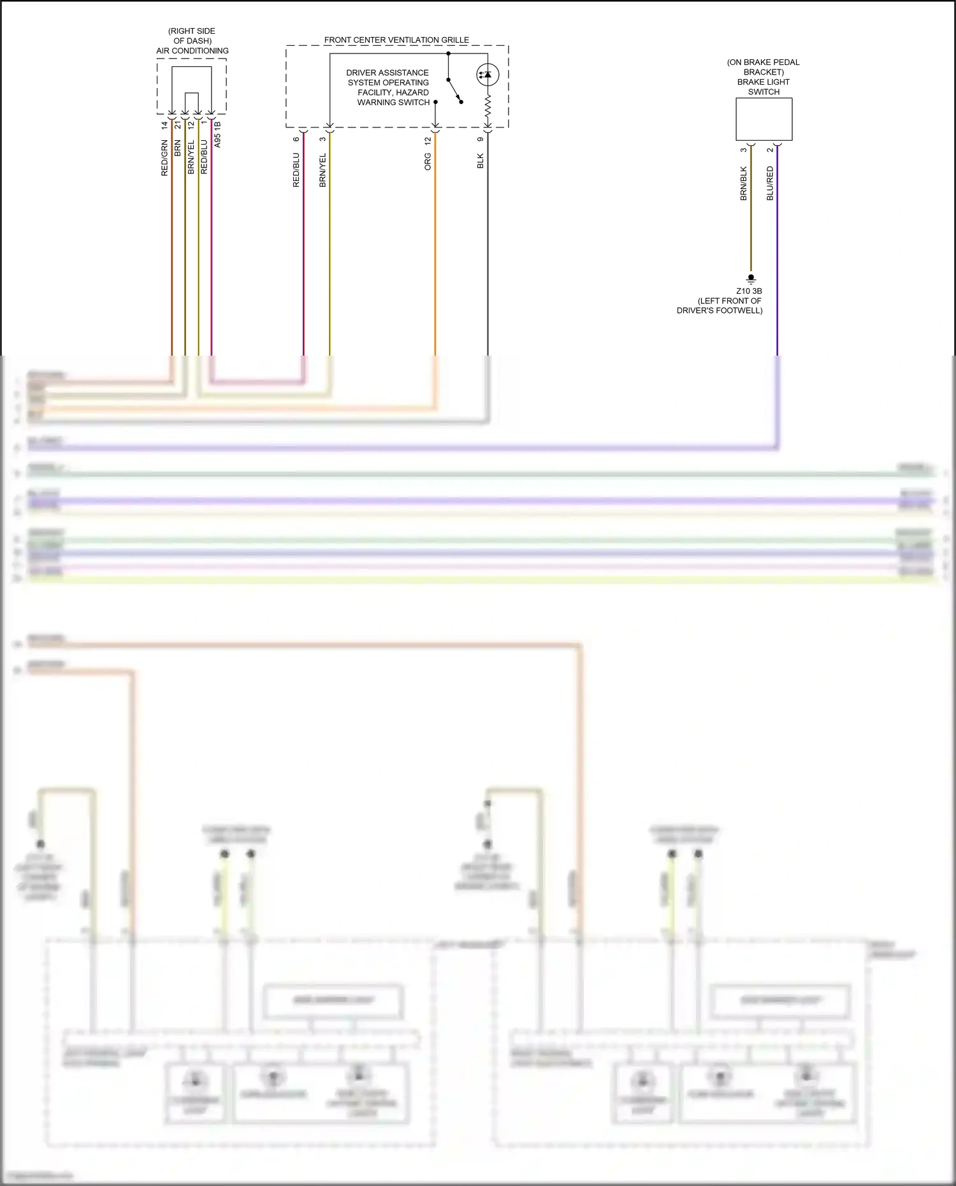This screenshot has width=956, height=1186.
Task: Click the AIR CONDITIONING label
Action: pyautogui.click(x=192, y=51)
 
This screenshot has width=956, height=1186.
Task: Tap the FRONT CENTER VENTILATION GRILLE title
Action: pyautogui.click(x=396, y=40)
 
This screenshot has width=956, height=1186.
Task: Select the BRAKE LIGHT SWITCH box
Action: pyautogui.click(x=764, y=119)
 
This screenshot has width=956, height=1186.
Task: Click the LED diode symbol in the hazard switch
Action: pyautogui.click(x=488, y=75)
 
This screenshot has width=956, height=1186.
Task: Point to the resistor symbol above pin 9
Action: pyautogui.click(x=488, y=107)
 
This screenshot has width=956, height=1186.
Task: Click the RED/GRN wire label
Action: pyautogui.click(x=164, y=157)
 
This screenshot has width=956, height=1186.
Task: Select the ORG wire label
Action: pyautogui.click(x=428, y=161)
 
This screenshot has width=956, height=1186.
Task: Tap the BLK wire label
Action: pyautogui.click(x=481, y=161)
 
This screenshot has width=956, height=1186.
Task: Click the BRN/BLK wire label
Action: pyautogui.click(x=743, y=184)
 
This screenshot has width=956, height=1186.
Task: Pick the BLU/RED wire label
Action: pyautogui.click(x=770, y=184)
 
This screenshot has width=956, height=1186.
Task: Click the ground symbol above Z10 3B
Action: pyautogui.click(x=751, y=279)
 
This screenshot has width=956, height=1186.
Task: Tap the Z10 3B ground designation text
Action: pyautogui.click(x=749, y=291)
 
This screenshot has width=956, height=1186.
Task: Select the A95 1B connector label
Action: pyautogui.click(x=217, y=134)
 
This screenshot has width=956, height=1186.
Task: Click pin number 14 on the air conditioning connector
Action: pyautogui.click(x=164, y=125)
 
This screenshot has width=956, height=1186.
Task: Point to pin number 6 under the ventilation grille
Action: pyautogui.click(x=296, y=139)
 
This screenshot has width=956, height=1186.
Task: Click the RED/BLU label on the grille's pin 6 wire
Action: pyautogui.click(x=296, y=170)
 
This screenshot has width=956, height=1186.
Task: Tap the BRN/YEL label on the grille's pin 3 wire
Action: pyautogui.click(x=322, y=170)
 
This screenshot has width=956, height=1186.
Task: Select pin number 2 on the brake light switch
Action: pyautogui.click(x=770, y=150)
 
